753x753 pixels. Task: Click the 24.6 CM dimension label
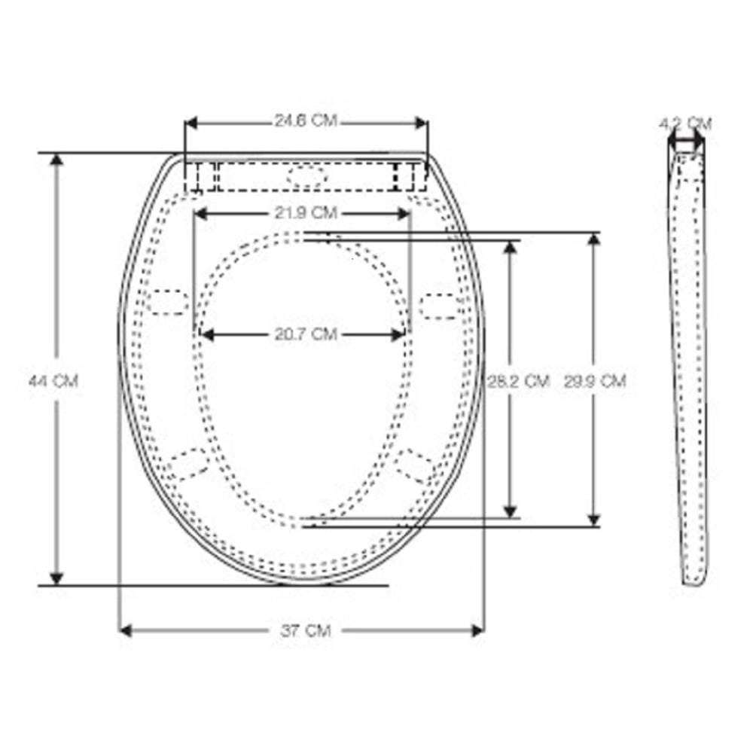click(306, 120)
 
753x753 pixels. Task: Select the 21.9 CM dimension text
click(306, 212)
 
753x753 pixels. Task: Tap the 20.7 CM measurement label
click(306, 334)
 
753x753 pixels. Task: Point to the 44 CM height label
click(53, 381)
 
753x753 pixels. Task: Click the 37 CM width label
click(306, 630)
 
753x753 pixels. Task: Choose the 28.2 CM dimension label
click(519, 381)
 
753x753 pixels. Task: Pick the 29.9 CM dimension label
click(595, 381)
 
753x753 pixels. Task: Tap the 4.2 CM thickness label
click(685, 124)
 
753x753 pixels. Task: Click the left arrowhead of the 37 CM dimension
click(125, 630)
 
